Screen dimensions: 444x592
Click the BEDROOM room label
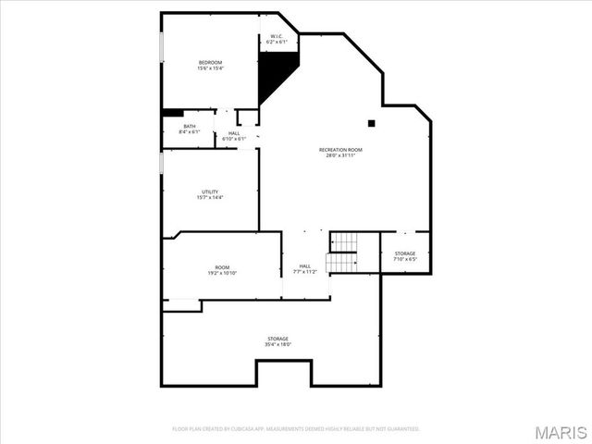(x=210, y=62)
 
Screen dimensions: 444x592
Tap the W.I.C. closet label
(x=277, y=36)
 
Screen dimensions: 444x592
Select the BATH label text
(x=189, y=126)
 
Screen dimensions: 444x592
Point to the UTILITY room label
(x=210, y=191)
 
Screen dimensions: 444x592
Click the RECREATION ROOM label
(x=340, y=150)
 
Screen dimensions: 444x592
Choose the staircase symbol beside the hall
(x=342, y=252)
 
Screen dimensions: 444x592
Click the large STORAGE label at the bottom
(x=278, y=339)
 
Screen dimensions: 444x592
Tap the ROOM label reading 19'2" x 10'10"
(x=223, y=267)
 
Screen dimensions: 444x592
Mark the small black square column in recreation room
(x=371, y=122)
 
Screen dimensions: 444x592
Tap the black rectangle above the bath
(x=173, y=113)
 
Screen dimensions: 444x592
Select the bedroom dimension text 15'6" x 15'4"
(x=210, y=68)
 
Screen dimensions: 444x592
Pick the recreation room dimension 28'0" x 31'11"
(x=340, y=155)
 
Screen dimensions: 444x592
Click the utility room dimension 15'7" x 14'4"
(x=210, y=197)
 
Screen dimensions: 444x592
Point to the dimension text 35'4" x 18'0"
(x=278, y=344)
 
